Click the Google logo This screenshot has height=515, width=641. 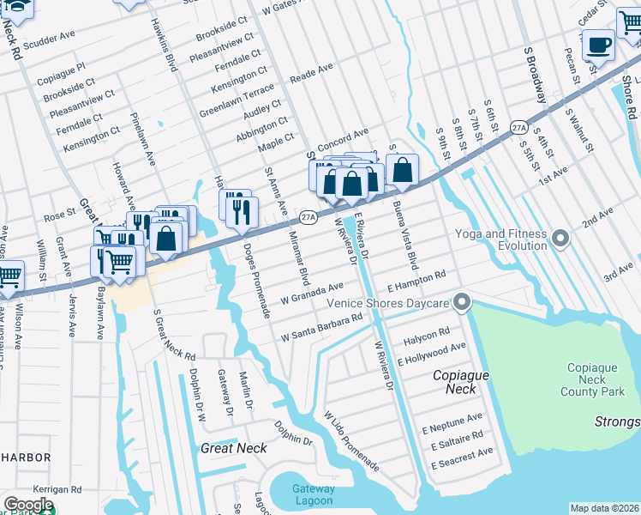(28, 505)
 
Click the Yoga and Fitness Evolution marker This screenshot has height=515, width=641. (561, 237)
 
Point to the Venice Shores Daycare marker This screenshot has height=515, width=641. (462, 301)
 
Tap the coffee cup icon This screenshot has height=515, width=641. (598, 44)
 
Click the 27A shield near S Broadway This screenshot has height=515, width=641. (518, 127)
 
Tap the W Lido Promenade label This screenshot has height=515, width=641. (350, 440)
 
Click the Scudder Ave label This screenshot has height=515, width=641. (50, 40)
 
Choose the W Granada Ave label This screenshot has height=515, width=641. (312, 293)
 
